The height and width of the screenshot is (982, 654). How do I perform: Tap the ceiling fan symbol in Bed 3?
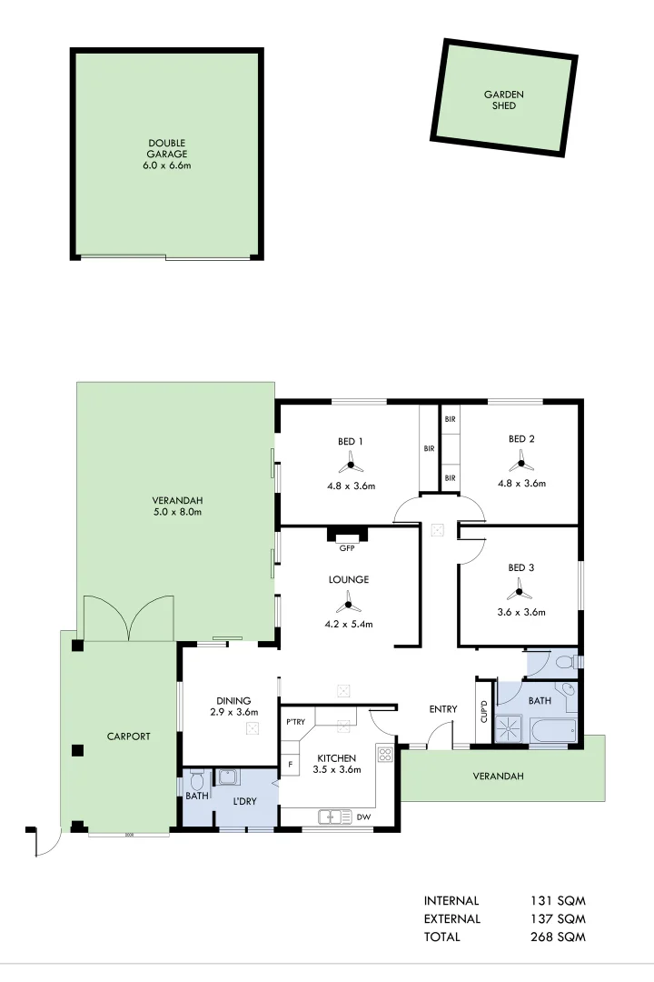[x=520, y=592]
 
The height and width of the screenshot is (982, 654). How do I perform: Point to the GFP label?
[x=347, y=548]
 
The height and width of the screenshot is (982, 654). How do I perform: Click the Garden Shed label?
[x=503, y=100]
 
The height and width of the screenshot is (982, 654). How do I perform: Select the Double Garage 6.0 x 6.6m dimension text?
[x=167, y=165]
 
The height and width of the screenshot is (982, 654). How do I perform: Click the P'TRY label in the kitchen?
[x=295, y=722]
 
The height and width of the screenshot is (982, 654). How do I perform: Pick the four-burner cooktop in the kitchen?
[x=385, y=753]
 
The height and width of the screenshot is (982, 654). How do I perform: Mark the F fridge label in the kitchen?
[x=290, y=765]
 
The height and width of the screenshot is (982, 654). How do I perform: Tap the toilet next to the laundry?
[x=196, y=779]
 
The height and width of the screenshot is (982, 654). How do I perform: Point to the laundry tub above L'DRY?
[x=227, y=777]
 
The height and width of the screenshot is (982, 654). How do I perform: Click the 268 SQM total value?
[x=558, y=937]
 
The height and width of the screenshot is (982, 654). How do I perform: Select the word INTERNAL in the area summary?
[x=451, y=901]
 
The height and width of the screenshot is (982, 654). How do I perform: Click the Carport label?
[x=128, y=736]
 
